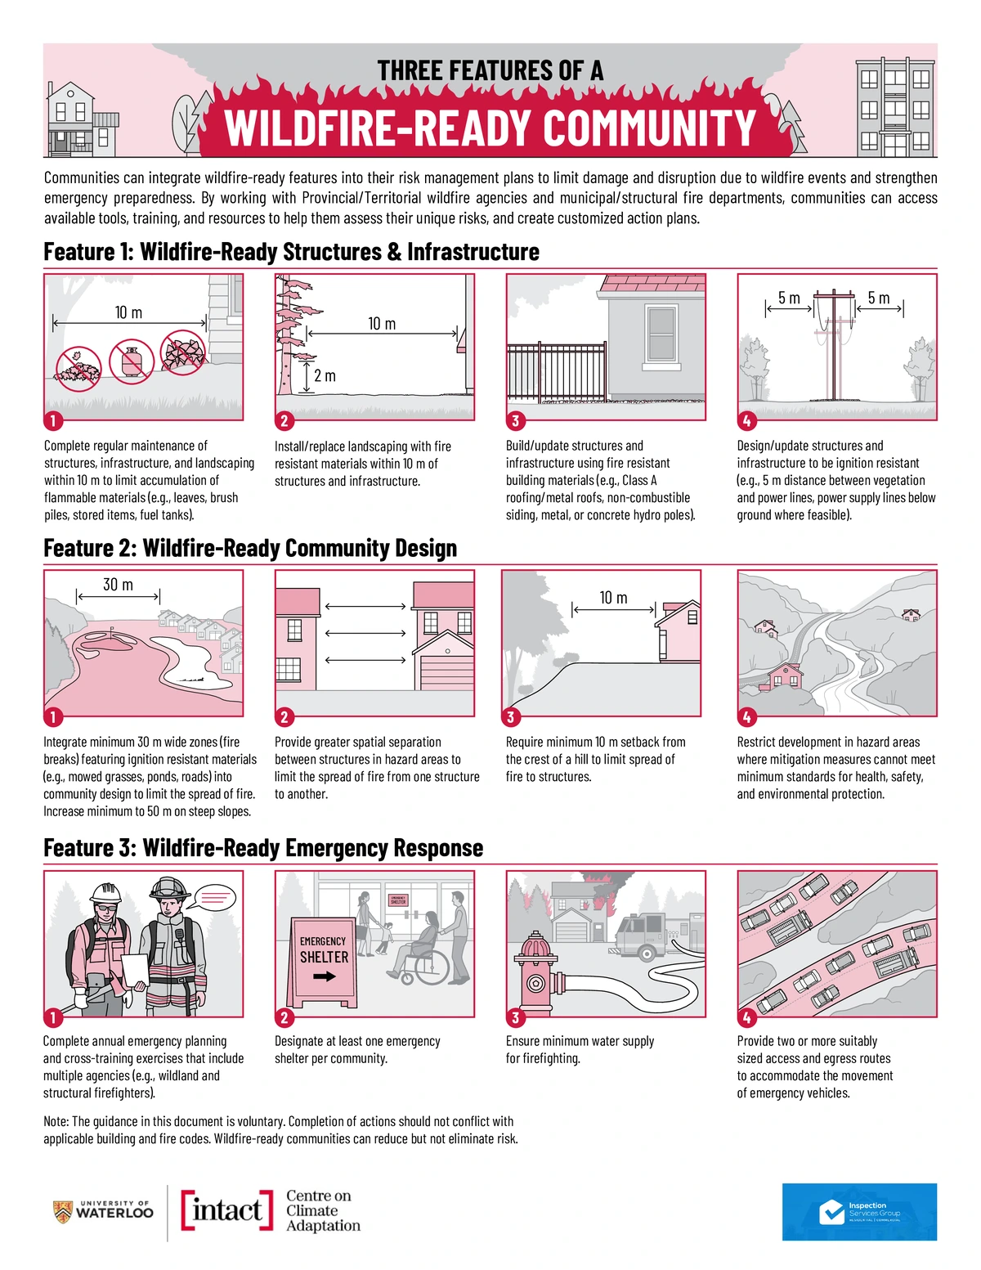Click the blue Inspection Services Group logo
click(859, 1211)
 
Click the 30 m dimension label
click(118, 585)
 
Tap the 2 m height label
click(325, 376)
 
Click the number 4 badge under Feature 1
click(746, 421)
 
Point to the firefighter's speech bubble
click(216, 899)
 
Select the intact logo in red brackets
click(227, 1210)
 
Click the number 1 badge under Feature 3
click(52, 1018)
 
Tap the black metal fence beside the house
click(556, 372)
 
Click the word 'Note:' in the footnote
click(56, 1121)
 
